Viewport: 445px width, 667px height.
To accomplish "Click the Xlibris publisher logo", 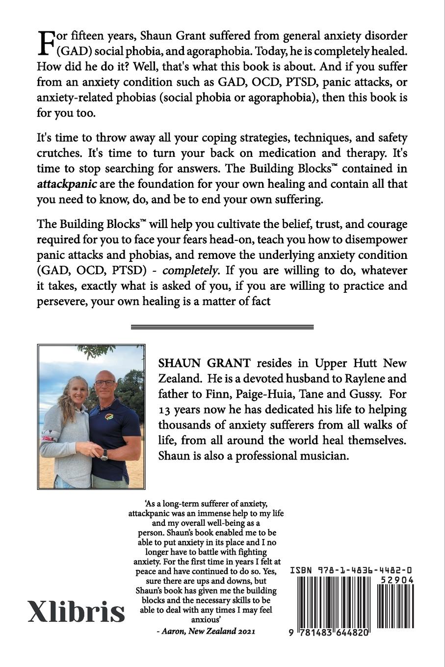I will (x=76, y=612).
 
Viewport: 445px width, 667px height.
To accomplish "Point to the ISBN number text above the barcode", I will (x=351, y=570).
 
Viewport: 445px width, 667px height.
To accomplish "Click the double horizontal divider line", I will (x=222, y=327).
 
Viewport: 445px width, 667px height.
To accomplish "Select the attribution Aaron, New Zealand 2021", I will (x=209, y=632).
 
